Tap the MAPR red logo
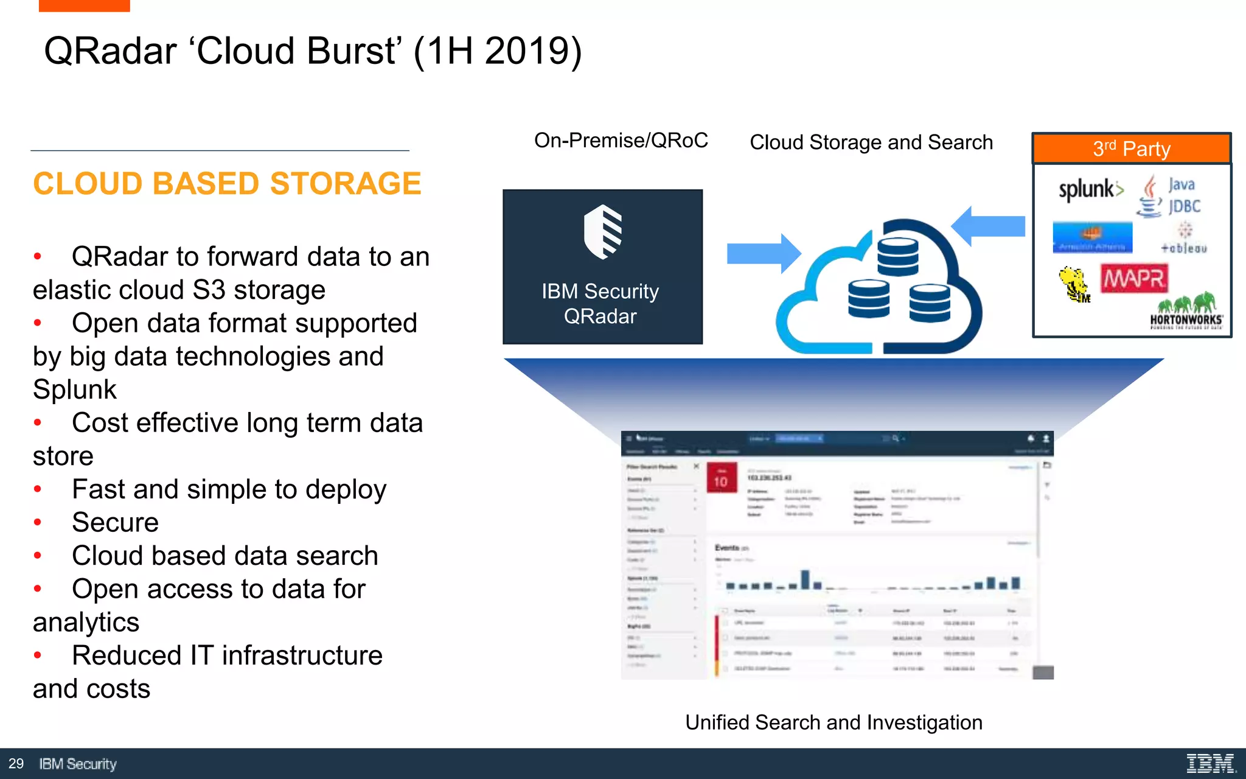pos(1134,279)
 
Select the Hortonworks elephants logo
pos(1186,311)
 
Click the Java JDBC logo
pos(1169,196)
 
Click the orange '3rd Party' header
pos(1132,148)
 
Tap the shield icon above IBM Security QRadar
pos(602,232)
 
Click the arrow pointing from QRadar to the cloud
pos(764,253)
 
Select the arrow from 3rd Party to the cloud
pos(988,226)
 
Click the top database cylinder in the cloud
pos(898,256)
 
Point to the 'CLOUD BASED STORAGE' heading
pos(227,184)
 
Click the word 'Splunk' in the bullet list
pos(75,389)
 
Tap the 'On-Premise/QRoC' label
pos(621,141)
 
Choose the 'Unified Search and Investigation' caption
pos(834,722)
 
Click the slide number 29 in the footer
pos(16,764)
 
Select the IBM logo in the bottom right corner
pos(1211,763)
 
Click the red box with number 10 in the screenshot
pos(722,478)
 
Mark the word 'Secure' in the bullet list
pos(115,523)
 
